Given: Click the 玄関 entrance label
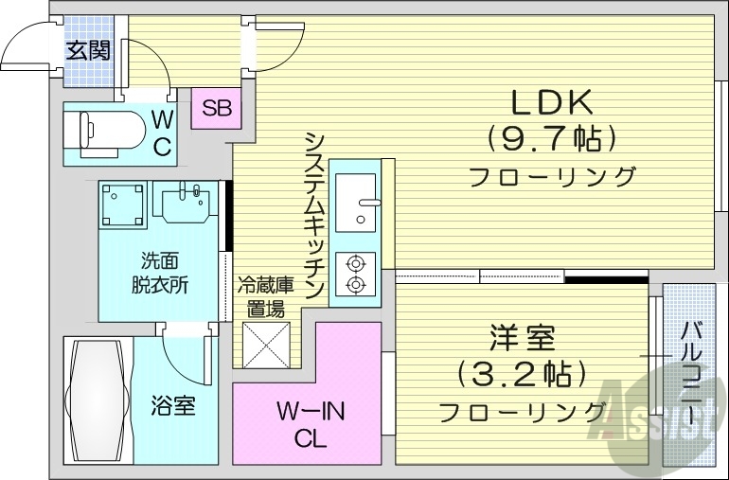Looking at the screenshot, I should (x=87, y=50).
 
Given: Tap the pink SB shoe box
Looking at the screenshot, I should (x=217, y=108).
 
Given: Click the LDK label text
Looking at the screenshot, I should (x=552, y=101).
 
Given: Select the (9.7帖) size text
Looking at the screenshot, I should (x=552, y=139).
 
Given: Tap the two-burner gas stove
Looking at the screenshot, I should (x=355, y=274).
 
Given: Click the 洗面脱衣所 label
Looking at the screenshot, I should (x=159, y=273).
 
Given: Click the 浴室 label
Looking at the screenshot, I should (x=173, y=406).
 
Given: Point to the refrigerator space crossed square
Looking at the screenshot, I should (x=266, y=345).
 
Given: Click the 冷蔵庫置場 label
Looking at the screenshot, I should (x=266, y=294).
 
